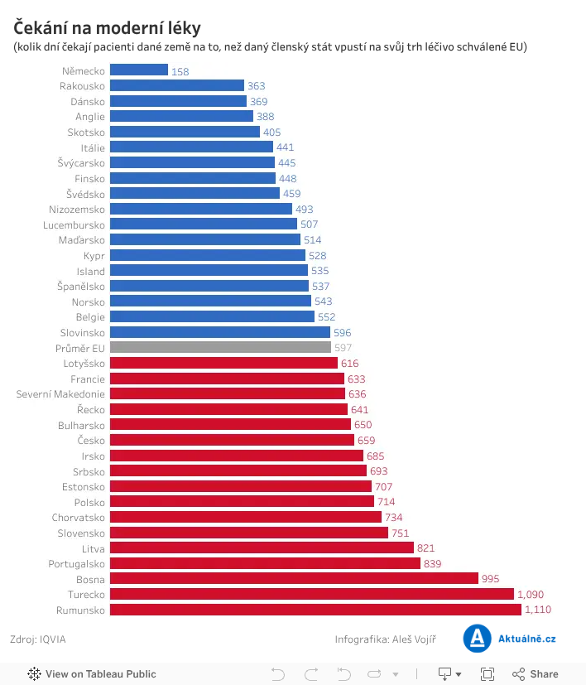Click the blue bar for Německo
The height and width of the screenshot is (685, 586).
click(139, 70)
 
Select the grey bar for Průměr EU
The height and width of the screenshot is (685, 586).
click(220, 347)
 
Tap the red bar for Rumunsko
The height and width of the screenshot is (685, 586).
click(315, 610)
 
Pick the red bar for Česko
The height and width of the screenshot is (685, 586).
click(232, 440)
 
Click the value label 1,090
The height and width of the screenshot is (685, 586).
click(531, 595)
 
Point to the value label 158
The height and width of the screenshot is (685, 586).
click(180, 71)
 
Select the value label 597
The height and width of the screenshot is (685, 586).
click(343, 348)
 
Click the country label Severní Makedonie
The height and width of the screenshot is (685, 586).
click(60, 394)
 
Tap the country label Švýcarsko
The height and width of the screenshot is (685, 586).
click(81, 163)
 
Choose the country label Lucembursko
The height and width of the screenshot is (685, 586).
click(74, 225)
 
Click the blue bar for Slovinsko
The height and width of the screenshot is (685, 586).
click(220, 332)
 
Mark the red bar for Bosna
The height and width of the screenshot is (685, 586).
click(294, 578)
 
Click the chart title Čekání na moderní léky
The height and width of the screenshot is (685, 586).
click(107, 27)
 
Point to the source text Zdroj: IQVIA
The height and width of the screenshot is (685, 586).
click(37, 639)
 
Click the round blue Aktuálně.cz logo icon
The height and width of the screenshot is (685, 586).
click(477, 639)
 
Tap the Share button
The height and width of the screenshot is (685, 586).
click(535, 674)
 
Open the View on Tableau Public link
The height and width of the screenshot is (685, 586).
click(92, 674)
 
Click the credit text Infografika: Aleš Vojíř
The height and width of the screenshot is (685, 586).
click(386, 639)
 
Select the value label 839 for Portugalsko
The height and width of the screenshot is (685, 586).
click(432, 563)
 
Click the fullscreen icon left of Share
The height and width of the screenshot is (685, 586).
click(487, 674)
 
